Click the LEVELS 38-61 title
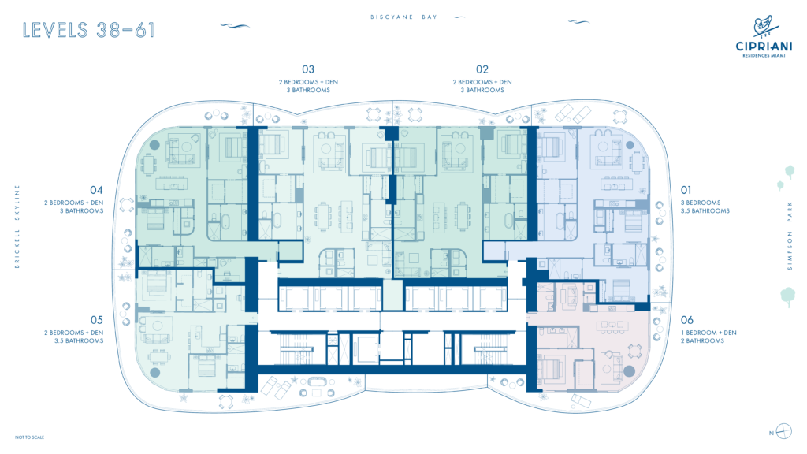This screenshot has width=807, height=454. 88,31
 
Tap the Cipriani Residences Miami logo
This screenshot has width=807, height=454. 764,36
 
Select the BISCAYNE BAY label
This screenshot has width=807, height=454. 404,17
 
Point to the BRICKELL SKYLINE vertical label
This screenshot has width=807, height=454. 17,226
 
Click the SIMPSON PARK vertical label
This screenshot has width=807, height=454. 790,236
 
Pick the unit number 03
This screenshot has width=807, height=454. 308,69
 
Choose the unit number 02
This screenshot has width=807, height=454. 482,69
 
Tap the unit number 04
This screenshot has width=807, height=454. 96,191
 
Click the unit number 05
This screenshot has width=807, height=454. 96,320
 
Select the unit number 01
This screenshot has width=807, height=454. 686,191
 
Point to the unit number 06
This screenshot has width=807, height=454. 687,320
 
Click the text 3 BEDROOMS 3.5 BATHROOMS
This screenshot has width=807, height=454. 705,207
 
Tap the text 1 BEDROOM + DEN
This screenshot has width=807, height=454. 708,333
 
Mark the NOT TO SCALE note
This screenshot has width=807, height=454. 29,437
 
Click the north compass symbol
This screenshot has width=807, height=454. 783,431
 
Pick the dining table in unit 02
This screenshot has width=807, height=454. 463,215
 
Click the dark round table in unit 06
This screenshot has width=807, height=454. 629,371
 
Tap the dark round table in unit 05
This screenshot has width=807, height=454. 155,373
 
